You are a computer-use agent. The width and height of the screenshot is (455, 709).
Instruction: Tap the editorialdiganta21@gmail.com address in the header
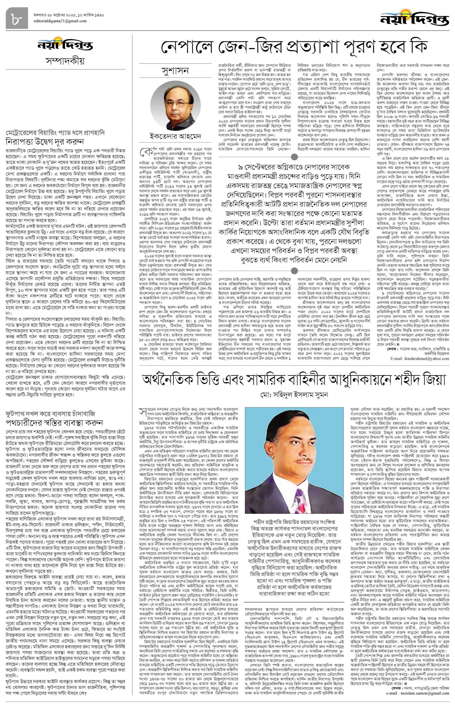pos(60,21)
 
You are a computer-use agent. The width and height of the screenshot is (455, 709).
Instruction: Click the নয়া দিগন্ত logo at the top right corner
pos(414,18)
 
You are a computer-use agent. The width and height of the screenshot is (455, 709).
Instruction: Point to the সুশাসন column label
pos(175,71)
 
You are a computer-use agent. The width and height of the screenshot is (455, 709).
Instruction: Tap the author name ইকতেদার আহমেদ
pos(175,136)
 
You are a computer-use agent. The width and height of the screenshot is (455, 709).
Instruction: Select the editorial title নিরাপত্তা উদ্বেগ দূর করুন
pos(45,142)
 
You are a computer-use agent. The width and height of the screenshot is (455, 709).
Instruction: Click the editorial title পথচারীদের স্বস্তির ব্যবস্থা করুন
pos(54,422)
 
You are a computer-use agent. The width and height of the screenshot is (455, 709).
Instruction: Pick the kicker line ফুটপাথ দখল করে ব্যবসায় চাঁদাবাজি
pos(50,414)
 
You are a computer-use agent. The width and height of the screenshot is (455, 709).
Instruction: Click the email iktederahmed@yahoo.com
pos(420,359)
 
